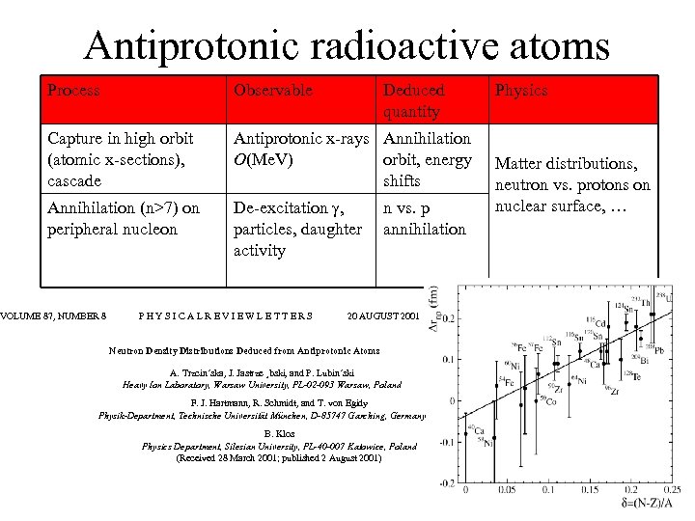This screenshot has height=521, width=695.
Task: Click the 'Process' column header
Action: [x=73, y=91]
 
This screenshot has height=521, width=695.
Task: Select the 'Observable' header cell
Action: [x=273, y=91]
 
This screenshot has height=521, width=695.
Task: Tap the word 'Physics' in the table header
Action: [x=521, y=91]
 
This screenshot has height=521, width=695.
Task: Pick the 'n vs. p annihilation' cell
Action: [x=424, y=218]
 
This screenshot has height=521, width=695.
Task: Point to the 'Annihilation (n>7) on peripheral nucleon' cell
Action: [x=123, y=218]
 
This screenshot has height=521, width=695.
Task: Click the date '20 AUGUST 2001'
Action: [x=384, y=315]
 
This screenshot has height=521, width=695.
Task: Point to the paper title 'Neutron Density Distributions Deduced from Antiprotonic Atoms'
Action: [x=245, y=352]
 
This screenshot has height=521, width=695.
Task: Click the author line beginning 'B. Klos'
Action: [x=279, y=434]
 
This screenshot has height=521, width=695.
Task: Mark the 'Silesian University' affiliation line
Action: [x=279, y=447]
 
